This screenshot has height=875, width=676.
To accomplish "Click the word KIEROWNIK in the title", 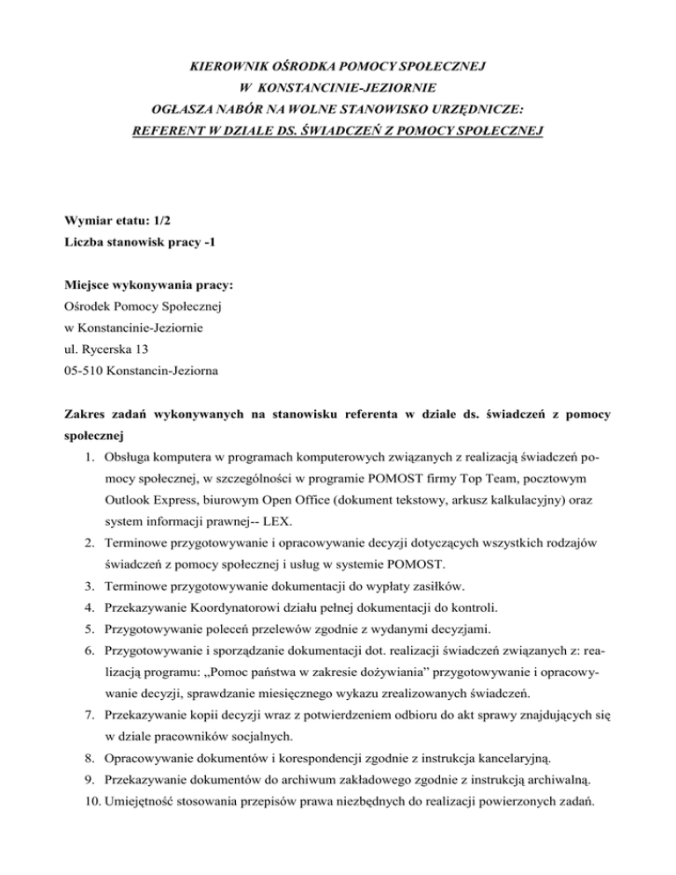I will coord(234,67).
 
